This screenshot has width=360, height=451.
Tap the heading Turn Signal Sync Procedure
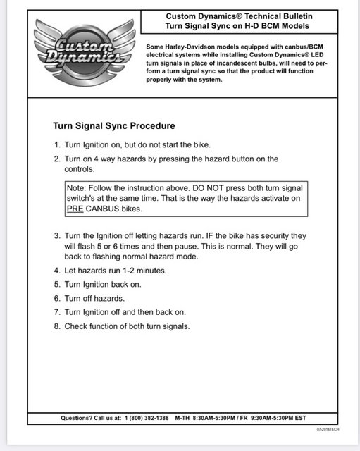114,125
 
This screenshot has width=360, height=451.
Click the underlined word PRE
75,209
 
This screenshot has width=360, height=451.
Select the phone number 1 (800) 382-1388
147,418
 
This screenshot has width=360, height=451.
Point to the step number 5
57,284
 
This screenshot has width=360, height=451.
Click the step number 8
57,326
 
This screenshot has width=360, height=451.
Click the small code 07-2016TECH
328,429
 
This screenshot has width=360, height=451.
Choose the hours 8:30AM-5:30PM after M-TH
214,418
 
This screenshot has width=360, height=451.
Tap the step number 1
57,144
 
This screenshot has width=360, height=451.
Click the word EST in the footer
300,418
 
